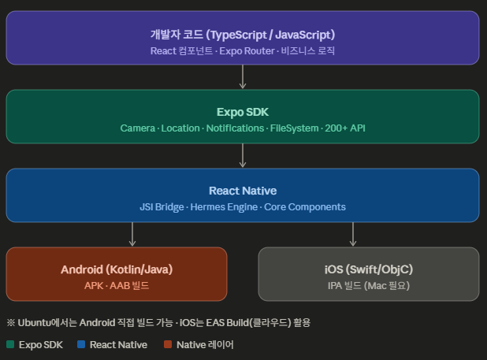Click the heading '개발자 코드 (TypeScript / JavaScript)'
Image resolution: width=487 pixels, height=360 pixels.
click(243, 35)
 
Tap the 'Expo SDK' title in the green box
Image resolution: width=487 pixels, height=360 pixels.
click(243, 112)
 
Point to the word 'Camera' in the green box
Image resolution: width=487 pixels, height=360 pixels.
click(137, 128)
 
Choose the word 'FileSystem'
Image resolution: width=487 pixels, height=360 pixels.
click(295, 128)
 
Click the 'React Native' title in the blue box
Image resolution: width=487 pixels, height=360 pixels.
click(243, 191)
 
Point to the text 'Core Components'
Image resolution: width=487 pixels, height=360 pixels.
click(304, 206)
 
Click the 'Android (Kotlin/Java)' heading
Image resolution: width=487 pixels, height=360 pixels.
click(117, 269)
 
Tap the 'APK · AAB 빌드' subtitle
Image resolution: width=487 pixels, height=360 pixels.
click(117, 285)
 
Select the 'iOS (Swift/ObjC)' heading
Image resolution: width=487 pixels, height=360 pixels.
click(369, 269)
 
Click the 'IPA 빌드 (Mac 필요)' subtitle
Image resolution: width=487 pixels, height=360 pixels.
click(369, 285)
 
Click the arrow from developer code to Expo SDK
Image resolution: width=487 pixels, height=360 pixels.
click(243, 76)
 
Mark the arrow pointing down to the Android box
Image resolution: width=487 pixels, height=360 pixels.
click(132, 234)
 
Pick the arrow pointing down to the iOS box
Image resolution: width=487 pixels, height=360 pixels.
click(353, 234)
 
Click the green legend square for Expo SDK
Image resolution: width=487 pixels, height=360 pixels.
click(10, 344)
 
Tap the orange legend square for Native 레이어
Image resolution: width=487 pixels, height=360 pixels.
click(168, 344)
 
